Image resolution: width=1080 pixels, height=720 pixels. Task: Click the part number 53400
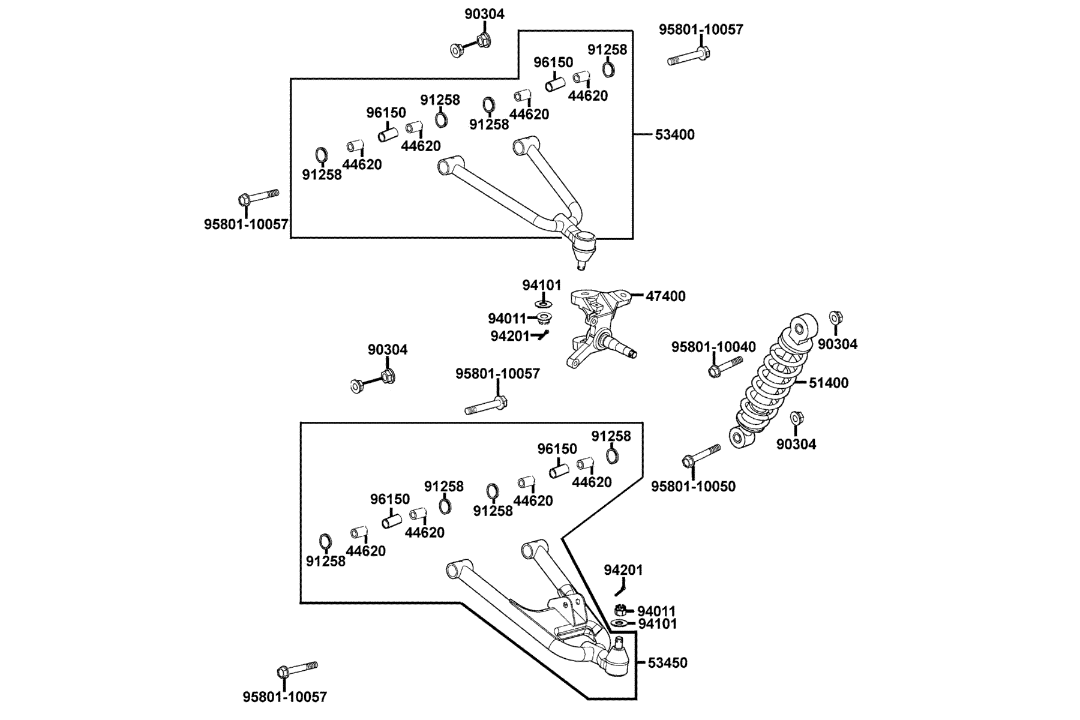point(674,134)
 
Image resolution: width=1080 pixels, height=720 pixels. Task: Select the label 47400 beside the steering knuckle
point(665,296)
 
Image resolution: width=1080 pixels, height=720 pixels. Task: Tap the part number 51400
point(829,383)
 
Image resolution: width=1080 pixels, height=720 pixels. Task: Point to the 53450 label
point(668,663)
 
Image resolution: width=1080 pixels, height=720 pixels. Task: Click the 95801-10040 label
point(713,347)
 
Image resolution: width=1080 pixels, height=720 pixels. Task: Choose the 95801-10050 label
point(693,486)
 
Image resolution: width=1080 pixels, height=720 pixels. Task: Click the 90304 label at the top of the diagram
point(484,14)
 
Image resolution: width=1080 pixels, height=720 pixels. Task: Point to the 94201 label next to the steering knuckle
point(510,337)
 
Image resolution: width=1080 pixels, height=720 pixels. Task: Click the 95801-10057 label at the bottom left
point(285,697)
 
